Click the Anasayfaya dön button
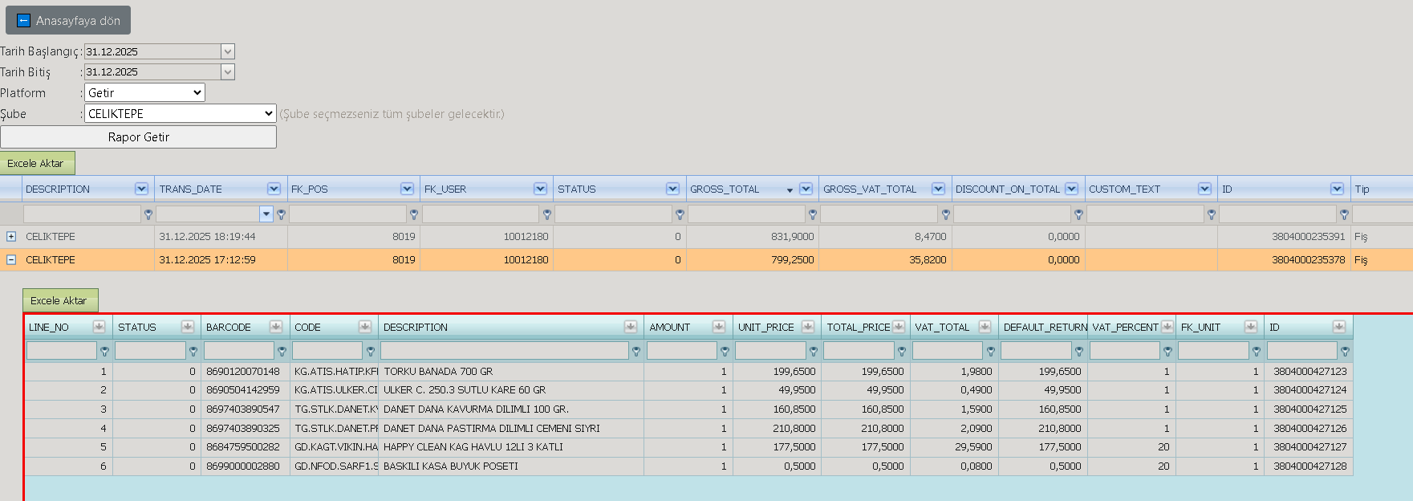(68, 21)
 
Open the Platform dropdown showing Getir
(144, 93)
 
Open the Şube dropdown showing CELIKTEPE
(180, 114)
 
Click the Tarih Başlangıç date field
(152, 51)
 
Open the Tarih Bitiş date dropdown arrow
(228, 72)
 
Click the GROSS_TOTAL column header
(725, 189)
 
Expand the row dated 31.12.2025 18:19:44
(11, 237)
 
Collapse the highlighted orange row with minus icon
(11, 260)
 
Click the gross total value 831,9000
(792, 237)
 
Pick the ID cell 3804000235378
(1308, 260)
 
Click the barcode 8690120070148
(243, 372)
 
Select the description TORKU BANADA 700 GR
(438, 372)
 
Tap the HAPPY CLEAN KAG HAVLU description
(473, 447)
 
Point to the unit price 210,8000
(794, 429)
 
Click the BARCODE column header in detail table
(229, 328)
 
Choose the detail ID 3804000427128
(1310, 466)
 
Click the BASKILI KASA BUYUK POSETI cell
(451, 466)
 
